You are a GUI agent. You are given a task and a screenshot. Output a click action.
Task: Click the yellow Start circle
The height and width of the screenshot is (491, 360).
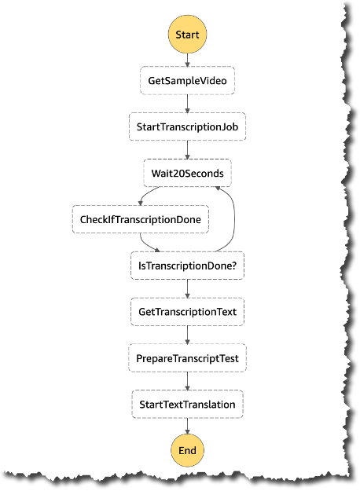point(187,35)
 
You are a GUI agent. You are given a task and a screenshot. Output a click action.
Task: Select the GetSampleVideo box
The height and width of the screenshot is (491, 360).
point(187,81)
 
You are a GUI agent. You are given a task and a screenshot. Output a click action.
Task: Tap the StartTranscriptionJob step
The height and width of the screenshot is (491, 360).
point(187,126)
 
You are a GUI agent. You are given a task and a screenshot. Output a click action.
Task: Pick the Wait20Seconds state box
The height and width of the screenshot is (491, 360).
point(187,173)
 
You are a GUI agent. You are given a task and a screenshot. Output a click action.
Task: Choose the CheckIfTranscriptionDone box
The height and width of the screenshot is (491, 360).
point(141,219)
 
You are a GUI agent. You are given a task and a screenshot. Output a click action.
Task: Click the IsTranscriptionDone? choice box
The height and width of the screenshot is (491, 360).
point(187,266)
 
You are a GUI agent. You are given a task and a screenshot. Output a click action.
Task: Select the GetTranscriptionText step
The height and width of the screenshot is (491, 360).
point(187,312)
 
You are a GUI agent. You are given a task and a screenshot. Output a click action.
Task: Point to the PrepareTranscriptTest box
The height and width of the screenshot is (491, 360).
point(187,358)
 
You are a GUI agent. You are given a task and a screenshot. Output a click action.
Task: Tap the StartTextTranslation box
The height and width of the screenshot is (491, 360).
point(187,404)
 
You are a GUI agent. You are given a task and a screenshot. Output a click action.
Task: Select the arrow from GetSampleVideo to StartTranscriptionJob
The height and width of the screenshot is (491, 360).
point(187,104)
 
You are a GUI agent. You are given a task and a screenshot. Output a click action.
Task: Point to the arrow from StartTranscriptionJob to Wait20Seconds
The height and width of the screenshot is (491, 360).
point(187,150)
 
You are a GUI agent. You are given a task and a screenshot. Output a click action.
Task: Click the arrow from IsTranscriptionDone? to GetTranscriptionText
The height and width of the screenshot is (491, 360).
point(187,289)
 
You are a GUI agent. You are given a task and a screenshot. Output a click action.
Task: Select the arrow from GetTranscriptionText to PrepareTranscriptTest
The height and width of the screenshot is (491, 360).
point(187,335)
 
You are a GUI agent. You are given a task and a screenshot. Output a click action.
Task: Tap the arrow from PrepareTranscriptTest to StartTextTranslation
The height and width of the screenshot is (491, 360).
point(187,381)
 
